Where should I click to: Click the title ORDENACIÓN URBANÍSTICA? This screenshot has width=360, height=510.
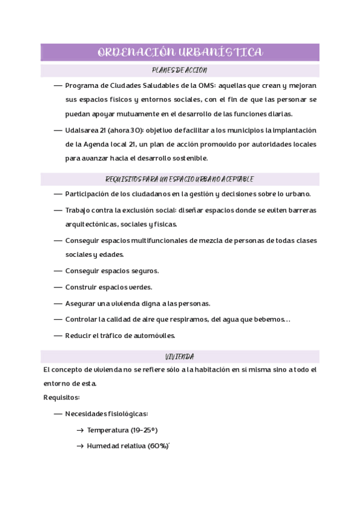180,52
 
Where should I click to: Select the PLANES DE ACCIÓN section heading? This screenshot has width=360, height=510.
179,70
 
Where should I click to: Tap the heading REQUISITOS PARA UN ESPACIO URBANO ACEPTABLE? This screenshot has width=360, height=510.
179,179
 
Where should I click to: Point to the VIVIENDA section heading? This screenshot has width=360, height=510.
179,357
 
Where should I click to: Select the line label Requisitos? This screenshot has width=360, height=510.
61,398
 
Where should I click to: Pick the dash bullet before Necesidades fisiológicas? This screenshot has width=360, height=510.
58,414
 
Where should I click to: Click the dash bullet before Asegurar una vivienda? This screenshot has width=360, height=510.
58,304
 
